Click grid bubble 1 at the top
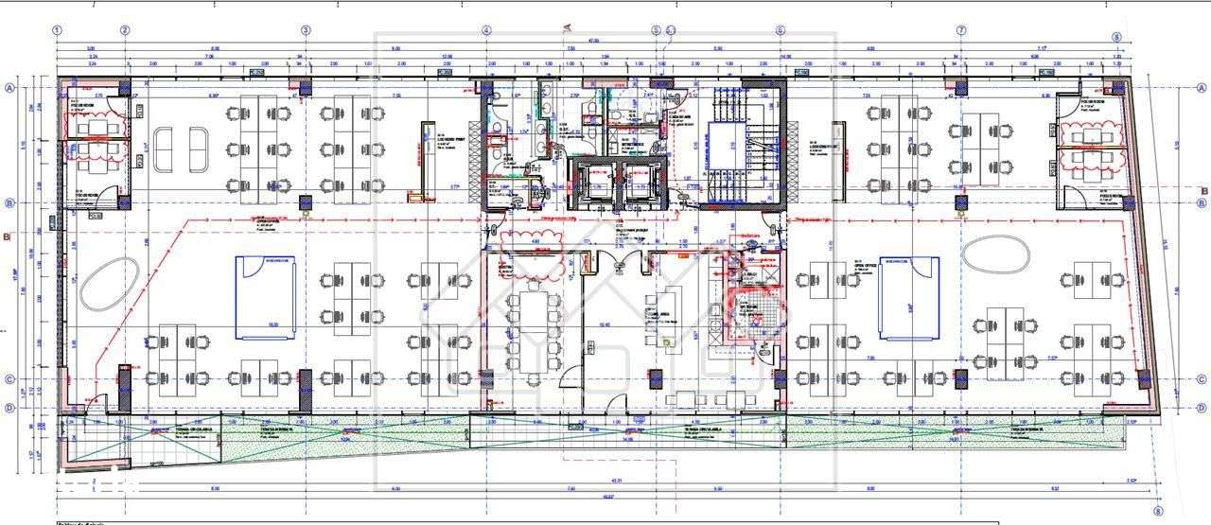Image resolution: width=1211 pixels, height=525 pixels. pos(58,30)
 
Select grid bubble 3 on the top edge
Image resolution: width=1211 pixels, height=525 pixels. pos(306,30)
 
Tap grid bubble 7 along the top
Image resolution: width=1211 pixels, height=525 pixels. pos(961,30)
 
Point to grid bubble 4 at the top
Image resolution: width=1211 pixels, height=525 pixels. pos(486,30)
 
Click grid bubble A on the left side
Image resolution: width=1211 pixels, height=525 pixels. pos(10,88)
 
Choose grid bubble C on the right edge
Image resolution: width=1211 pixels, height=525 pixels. pos(1201,380)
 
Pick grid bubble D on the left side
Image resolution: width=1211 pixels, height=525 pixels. pos(10,408)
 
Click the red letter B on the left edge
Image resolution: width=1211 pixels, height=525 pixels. pos(7,237)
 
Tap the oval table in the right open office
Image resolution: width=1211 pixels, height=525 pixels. pos(996,255)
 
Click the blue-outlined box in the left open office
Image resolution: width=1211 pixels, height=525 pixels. pos(267,297)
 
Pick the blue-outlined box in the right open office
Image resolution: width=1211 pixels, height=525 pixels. pos(909,296)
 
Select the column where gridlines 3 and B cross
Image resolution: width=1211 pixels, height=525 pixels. pos(306,203)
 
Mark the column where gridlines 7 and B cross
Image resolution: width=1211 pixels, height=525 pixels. pos(961,202)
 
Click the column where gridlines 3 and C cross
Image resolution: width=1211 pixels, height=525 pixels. pos(306,379)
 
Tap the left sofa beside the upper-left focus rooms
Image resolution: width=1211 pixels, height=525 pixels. pos(164,149)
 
